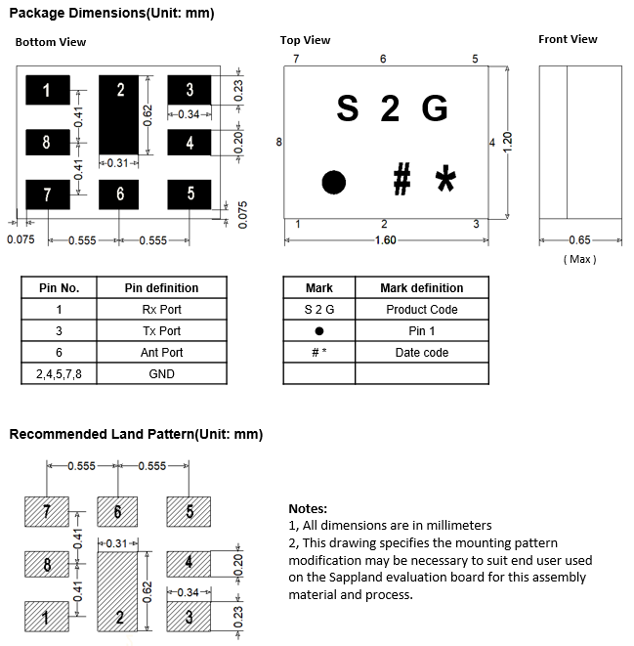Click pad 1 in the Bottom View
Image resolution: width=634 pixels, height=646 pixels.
(47, 91)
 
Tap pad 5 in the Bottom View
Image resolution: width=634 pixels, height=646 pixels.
(190, 194)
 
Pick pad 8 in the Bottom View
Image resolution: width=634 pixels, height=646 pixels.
(47, 143)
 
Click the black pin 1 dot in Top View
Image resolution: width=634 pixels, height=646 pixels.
(334, 182)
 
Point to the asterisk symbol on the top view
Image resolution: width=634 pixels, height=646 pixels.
(445, 180)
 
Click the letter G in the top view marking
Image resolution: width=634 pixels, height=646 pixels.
(435, 109)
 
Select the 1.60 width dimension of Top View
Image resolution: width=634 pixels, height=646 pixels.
(385, 240)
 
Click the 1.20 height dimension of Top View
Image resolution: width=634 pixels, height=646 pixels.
(507, 143)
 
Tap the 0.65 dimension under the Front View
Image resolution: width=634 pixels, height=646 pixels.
(580, 240)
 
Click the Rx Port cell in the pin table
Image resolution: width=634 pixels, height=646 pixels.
(161, 310)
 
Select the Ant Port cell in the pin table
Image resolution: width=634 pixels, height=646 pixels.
(161, 353)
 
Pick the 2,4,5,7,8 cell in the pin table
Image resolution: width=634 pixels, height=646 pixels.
(59, 374)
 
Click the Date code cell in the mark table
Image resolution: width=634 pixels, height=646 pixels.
(421, 353)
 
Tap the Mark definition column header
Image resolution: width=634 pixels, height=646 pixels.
(421, 288)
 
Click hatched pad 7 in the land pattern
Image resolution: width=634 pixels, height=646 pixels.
(47, 511)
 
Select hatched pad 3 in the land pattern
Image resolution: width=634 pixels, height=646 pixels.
(190, 617)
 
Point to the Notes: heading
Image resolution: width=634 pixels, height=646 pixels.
(308, 508)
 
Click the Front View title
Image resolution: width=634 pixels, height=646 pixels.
(568, 39)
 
